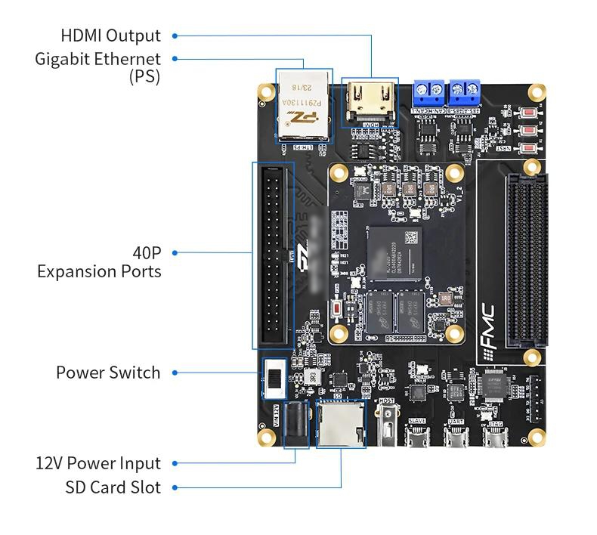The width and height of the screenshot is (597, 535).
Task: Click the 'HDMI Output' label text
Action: (x=110, y=36)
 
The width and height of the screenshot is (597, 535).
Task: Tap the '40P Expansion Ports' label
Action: (x=99, y=261)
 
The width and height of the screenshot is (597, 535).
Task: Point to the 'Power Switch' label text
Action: (x=108, y=373)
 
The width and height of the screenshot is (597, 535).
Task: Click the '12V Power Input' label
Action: (x=98, y=463)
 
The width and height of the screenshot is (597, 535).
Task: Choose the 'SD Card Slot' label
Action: (x=113, y=487)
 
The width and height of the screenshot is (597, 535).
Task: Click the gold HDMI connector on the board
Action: (x=370, y=102)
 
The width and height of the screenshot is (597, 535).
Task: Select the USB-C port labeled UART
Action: (x=456, y=439)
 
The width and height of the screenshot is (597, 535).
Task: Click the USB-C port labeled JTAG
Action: (x=493, y=439)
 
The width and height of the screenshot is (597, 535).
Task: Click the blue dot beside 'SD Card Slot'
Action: (x=175, y=487)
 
